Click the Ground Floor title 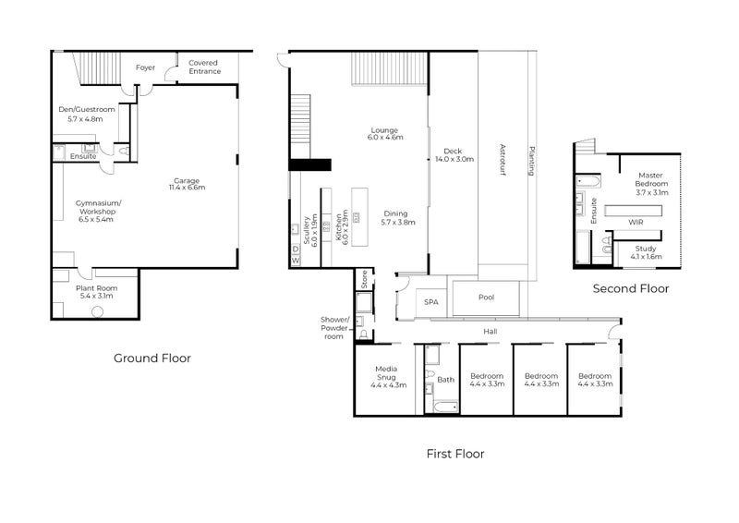pos(151,359)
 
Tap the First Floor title pos(454,454)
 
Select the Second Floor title pos(630,288)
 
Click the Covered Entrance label pos(203,67)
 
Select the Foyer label pos(145,67)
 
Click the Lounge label pos(384,133)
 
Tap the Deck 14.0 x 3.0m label pos(454,155)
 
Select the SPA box pos(430,302)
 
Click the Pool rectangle pos(486,298)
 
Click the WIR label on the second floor pos(636,223)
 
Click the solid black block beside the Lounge pos(309,165)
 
